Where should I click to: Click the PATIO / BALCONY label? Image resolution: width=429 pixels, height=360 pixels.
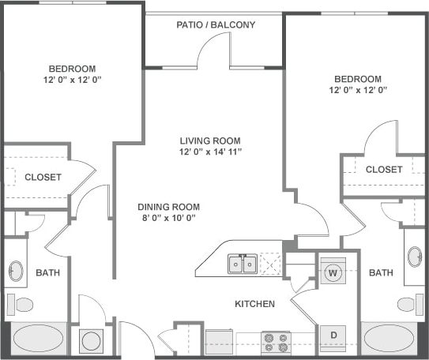tap(216, 25)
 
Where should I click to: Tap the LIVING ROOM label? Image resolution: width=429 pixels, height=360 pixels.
tap(209, 139)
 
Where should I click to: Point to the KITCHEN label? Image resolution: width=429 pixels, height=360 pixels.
tap(254, 303)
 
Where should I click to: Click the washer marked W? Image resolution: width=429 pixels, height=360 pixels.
tap(333, 272)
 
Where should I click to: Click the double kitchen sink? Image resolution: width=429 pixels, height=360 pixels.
tap(242, 264)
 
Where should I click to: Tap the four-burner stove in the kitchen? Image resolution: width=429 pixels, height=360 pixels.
tap(276, 342)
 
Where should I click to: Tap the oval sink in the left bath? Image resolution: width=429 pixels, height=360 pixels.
tap(16, 272)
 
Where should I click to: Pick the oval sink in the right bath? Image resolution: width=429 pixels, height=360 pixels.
tap(414, 257)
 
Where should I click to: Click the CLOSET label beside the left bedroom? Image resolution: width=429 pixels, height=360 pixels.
tap(43, 178)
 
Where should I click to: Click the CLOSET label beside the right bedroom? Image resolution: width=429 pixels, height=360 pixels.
tap(384, 170)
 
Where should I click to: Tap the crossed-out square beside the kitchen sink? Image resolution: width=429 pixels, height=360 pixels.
tap(271, 264)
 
